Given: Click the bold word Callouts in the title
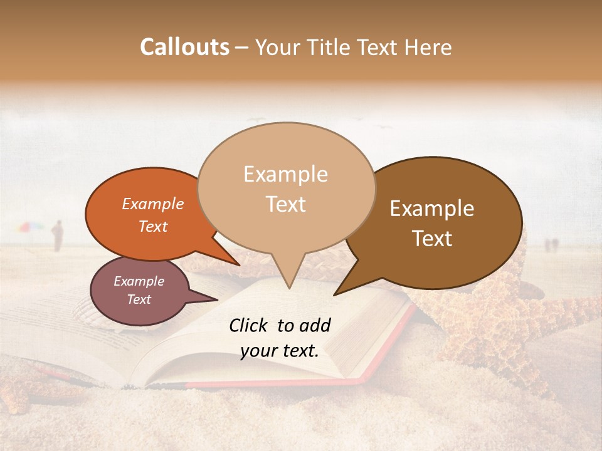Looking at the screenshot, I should click(x=184, y=47).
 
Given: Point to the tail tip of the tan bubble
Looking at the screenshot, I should click(x=289, y=288).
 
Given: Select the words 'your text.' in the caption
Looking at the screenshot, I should click(x=280, y=351).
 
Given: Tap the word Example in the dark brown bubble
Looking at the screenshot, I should click(x=432, y=209).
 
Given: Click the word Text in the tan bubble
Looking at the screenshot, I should click(x=286, y=204).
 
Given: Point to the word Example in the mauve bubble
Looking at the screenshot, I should click(x=139, y=281).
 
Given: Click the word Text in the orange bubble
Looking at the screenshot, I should click(x=153, y=226).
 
